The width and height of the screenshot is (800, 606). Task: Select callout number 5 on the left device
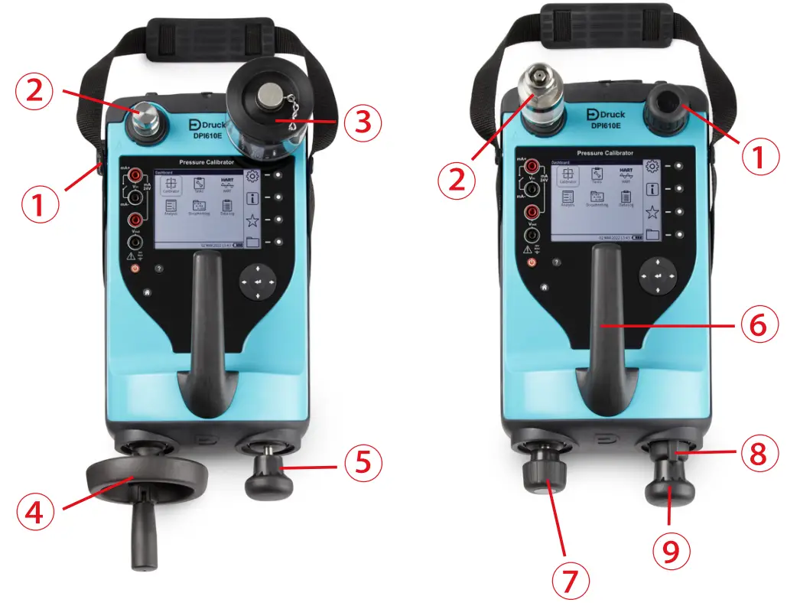pos(363,464)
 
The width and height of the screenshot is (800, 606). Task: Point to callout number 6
pos(759,325)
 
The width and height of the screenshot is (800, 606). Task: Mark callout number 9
pos(671,549)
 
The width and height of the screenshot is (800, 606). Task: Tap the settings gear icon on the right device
pos(652,167)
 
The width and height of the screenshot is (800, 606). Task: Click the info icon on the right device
pos(652,189)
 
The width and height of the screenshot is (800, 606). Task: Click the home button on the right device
pos(544,287)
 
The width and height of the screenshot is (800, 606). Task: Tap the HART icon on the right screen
pos(625,174)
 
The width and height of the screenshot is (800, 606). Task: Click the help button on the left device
pos(158,269)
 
